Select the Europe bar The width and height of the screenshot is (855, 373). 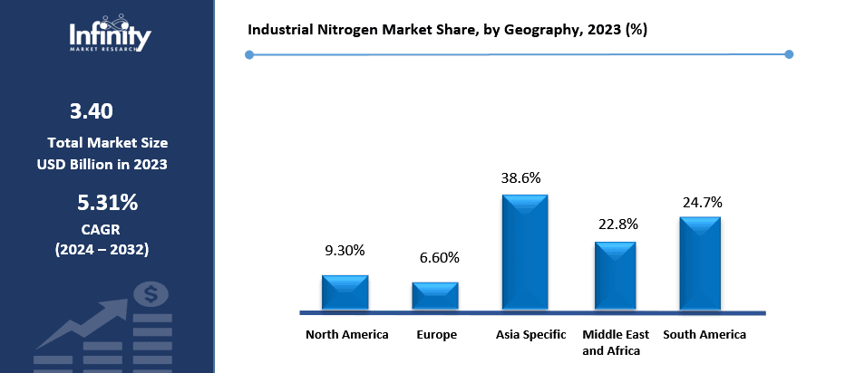(x=435, y=296)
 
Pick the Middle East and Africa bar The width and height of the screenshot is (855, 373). (x=616, y=276)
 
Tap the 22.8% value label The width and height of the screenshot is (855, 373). (x=615, y=224)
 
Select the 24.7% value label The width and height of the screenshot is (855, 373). (x=702, y=202)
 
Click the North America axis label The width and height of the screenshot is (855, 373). (x=347, y=335)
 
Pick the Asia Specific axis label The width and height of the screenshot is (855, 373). (x=530, y=335)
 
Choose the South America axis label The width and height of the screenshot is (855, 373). (x=704, y=335)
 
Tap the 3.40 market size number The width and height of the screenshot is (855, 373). (x=91, y=112)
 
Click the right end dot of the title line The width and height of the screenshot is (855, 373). (x=788, y=54)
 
